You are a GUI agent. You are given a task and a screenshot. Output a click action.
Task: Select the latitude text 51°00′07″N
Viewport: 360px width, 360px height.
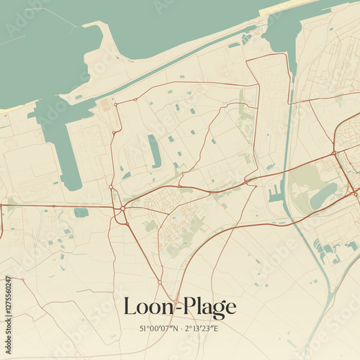[x=163, y=329]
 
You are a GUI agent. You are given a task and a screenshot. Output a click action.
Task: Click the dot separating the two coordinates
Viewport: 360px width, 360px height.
[x=183, y=329]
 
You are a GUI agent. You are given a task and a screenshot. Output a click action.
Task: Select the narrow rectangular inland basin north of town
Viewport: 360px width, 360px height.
[x=155, y=151]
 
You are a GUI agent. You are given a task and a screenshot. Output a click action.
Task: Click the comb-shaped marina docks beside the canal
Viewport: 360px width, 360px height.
[x=274, y=193]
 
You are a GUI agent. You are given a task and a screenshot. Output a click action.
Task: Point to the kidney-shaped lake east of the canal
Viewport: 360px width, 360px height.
[x=323, y=196]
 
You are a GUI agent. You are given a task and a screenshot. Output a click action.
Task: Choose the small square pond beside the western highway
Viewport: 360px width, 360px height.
[x=81, y=212]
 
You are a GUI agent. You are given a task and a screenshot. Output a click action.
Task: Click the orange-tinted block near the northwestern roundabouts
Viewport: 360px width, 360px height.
[x=106, y=105]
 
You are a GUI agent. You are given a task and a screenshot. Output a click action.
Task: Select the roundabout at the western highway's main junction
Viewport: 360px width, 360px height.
[x=123, y=209]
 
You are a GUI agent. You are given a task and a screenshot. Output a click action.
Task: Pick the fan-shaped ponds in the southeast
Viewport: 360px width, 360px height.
[x=328, y=248]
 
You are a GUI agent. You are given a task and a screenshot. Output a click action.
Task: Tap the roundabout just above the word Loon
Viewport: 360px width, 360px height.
[x=160, y=282]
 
